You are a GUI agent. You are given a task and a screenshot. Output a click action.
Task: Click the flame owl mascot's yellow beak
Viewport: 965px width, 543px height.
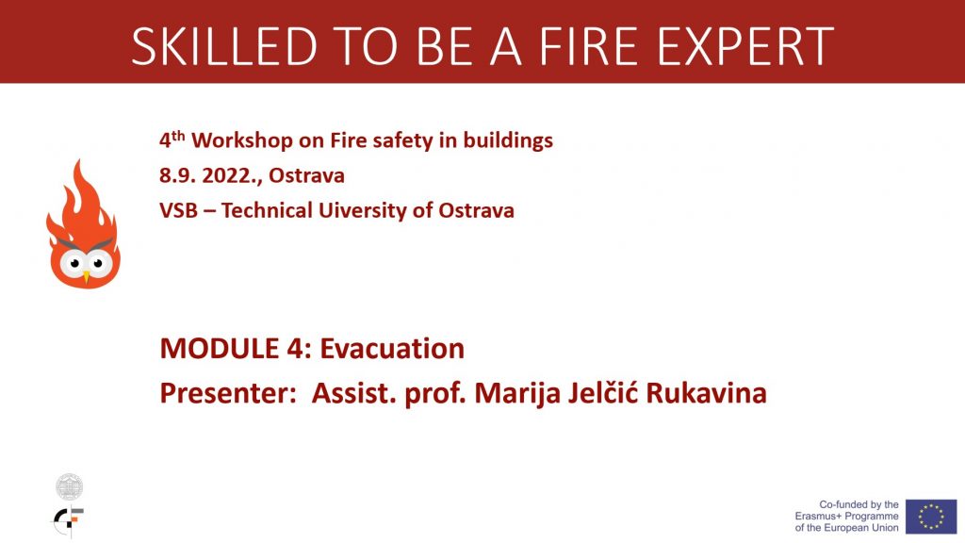86,277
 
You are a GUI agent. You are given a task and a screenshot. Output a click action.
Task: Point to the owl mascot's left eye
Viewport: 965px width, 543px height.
74,264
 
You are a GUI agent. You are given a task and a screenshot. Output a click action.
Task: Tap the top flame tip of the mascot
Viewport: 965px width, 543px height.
78,162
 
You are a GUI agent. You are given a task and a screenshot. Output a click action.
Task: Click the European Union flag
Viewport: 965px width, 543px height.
930,516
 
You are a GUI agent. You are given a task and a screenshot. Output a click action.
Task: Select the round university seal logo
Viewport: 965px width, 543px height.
69,487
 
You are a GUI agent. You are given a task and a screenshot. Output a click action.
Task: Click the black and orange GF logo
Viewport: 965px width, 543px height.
68,520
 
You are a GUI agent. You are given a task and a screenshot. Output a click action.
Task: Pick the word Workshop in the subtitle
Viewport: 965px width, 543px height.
242,141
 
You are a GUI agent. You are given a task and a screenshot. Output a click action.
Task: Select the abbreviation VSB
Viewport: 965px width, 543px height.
178,210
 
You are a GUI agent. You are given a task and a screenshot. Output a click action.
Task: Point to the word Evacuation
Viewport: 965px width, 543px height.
392,349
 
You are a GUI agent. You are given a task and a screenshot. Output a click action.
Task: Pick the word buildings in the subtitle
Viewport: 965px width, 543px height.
508,141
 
